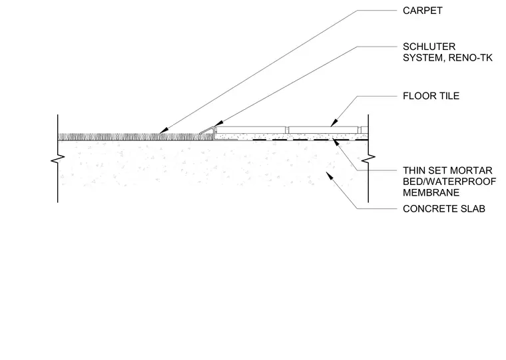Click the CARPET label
tap(422, 11)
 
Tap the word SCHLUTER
tap(429, 47)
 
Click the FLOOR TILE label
tap(431, 96)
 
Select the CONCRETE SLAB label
tap(444, 209)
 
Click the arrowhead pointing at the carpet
tap(163, 130)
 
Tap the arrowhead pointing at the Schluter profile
tap(218, 124)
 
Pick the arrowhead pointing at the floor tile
tap(334, 123)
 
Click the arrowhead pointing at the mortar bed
tap(336, 142)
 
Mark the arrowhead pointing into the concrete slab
tap(330, 176)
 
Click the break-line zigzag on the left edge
tap(58, 158)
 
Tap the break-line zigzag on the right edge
tap(368, 158)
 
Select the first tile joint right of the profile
tap(287, 130)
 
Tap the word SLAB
tap(473, 209)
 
